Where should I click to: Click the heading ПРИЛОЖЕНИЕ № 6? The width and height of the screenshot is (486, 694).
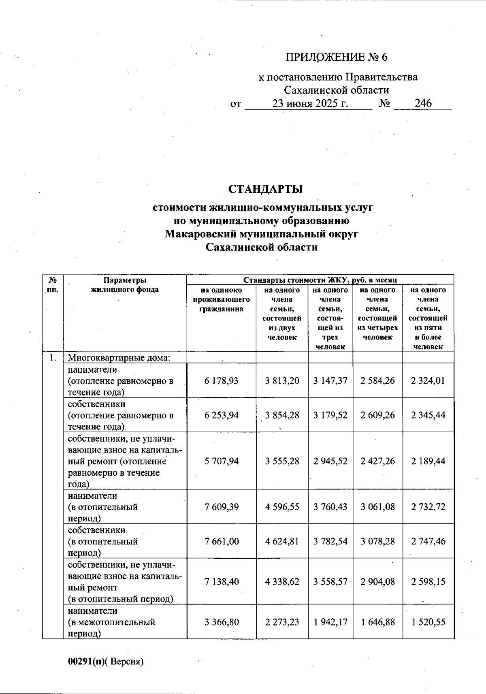click(336, 57)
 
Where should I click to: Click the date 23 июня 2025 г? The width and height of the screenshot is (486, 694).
click(310, 103)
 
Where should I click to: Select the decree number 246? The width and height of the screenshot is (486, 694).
click(423, 103)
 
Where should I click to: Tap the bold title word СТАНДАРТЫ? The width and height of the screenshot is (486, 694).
click(266, 189)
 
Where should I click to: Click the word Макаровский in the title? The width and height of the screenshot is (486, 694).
click(201, 234)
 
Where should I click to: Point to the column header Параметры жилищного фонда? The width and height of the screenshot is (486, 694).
click(125, 285)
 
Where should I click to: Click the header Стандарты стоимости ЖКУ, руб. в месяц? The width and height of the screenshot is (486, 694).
click(320, 280)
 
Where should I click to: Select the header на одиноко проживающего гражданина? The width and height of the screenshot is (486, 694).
click(221, 300)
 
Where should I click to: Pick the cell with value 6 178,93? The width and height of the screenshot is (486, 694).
click(222, 381)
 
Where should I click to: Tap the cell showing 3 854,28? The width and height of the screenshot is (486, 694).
click(282, 415)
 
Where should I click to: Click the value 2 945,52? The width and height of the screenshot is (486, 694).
click(330, 461)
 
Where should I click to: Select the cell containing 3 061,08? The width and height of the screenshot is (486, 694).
click(377, 507)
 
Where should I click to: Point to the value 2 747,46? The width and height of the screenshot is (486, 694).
click(428, 541)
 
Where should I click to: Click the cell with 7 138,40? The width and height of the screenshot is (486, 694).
click(222, 582)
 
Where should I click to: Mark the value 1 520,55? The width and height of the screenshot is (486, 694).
click(428, 622)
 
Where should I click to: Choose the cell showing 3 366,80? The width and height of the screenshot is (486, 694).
click(222, 622)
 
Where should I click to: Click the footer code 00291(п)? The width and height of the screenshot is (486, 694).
click(86, 662)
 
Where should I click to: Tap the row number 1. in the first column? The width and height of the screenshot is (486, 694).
click(53, 358)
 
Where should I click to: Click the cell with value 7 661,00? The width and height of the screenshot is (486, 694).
click(222, 541)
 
